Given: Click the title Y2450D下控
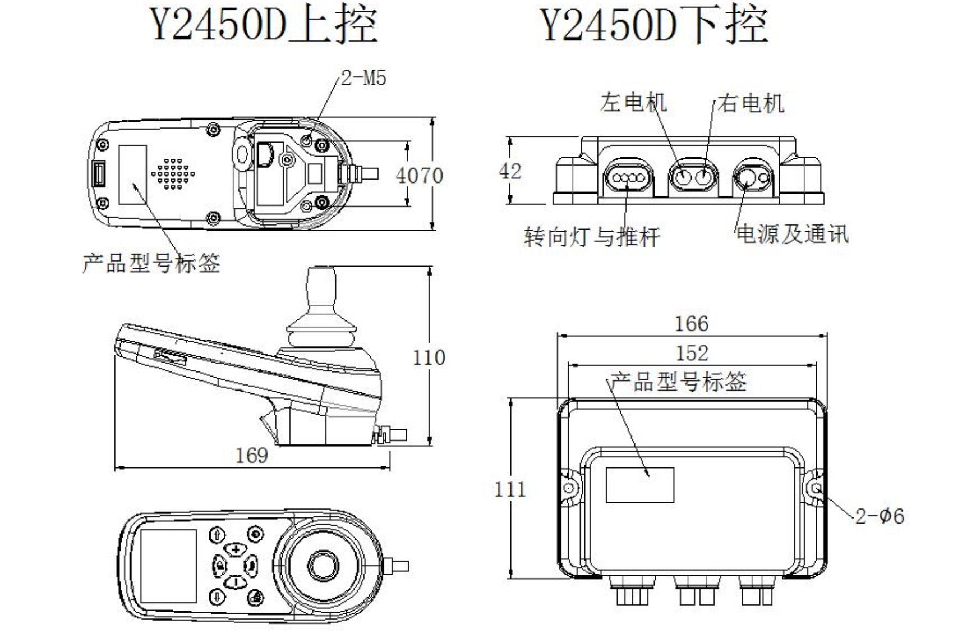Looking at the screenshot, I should pos(654,25).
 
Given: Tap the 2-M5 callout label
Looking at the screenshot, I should pos(364,78).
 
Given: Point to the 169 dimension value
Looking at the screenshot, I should pos(251,455).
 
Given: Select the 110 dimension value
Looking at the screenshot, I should pos(429,357).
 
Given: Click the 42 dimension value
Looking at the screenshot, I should pos(510,171).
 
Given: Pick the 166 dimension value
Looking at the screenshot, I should pos(691,324).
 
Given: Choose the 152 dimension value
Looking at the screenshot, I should pos(692,354).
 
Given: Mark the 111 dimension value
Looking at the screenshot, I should pos(510,489).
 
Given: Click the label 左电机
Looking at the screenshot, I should pos(633,103).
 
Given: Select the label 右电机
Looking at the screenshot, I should pos(751,103).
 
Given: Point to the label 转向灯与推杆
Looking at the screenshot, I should pos(592,237).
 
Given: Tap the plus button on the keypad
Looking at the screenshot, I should pos(236,549).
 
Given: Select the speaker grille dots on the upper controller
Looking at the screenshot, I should pos(173,173).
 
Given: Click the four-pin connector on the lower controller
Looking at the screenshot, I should pos(628,179).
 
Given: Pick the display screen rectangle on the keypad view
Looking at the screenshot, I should pos(168,566).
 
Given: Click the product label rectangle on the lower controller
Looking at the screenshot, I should pos(640,485).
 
